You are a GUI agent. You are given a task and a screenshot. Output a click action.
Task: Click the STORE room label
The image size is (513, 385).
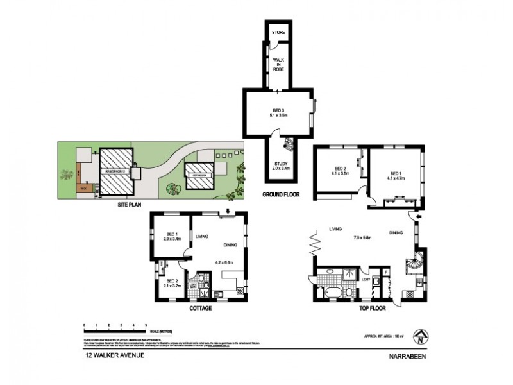pyautogui.click(x=278, y=32)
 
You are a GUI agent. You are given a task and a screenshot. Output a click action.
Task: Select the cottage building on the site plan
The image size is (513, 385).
pyautogui.click(x=199, y=175)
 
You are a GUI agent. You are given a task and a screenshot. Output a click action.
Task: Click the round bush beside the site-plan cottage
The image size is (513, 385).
pyautogui.click(x=173, y=189)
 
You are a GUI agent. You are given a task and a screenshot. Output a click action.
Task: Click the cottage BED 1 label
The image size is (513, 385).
pyautogui.click(x=172, y=236)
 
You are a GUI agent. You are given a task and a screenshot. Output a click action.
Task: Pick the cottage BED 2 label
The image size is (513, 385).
pyautogui.click(x=172, y=283)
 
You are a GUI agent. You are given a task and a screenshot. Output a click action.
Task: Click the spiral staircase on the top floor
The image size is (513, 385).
pyautogui.click(x=411, y=264)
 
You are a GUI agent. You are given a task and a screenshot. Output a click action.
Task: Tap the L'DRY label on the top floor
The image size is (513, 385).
pyautogui.click(x=366, y=279)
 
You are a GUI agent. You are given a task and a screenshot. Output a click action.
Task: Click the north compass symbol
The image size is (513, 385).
pyautogui.click(x=421, y=334)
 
